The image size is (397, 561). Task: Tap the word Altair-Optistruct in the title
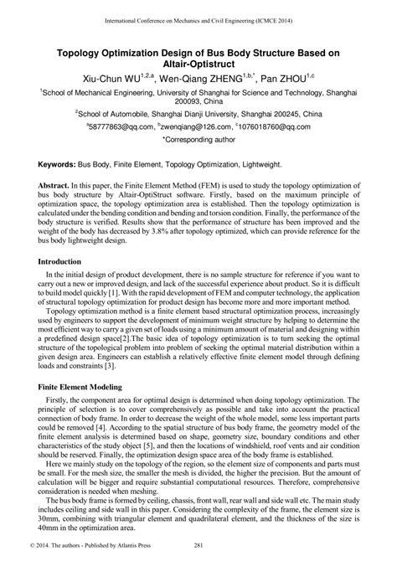pos(198,62)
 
